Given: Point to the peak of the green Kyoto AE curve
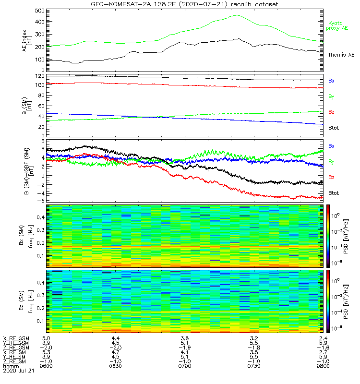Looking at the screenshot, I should pos(236,15).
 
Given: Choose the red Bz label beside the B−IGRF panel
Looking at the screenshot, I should pos(331,178).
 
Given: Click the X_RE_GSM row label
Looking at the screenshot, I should pos(16,338).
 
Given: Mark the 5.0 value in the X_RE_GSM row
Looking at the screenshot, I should pos(46,338).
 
